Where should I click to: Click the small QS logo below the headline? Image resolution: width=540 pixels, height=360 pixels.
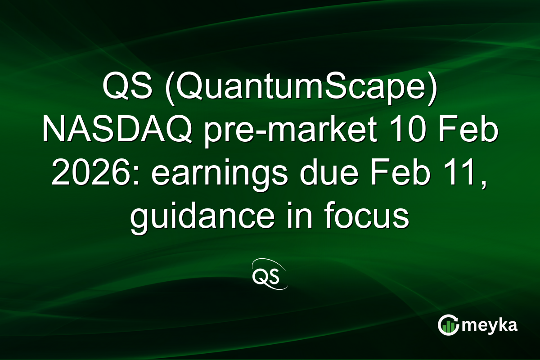pos(269,274)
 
